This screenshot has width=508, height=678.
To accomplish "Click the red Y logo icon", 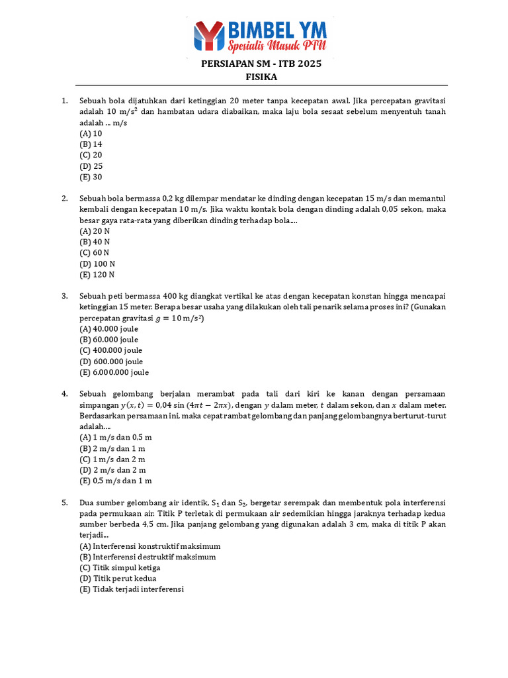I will click(x=208, y=37).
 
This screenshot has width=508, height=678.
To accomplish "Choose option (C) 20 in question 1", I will click(x=91, y=155).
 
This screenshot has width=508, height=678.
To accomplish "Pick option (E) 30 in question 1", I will click(x=91, y=177).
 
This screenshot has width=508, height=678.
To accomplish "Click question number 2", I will click(x=65, y=198).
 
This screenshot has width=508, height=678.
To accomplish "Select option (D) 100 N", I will click(x=97, y=264).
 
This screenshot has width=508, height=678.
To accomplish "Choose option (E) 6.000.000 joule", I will click(x=114, y=372).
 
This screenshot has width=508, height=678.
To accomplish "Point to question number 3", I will click(x=65, y=296).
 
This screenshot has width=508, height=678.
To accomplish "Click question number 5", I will click(x=65, y=503).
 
